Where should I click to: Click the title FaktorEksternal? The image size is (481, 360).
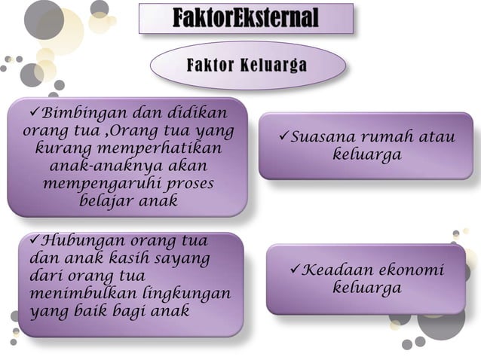246,17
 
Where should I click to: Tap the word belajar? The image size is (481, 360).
104,202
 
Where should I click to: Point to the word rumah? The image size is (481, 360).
391,139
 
